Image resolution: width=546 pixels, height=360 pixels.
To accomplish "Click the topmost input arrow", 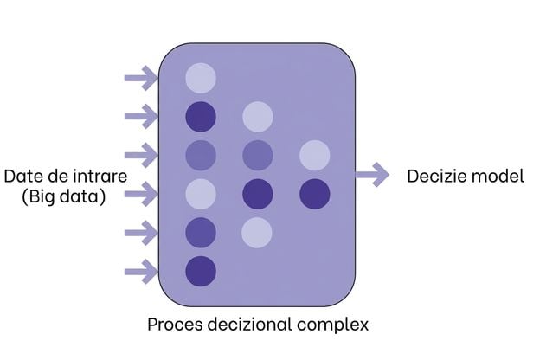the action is click(x=141, y=78).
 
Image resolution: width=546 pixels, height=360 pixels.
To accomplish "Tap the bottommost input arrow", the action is click(x=141, y=271).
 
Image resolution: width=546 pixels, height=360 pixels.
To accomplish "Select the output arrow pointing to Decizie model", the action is click(x=372, y=175).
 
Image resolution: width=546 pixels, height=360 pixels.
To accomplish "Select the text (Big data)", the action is click(x=64, y=197).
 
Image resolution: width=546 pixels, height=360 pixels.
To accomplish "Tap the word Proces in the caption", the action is click(x=175, y=325).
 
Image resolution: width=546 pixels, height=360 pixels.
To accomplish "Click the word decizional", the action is click(x=250, y=325).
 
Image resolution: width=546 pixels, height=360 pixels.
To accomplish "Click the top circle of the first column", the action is click(x=201, y=78).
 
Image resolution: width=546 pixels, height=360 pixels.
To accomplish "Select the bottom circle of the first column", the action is click(x=201, y=271).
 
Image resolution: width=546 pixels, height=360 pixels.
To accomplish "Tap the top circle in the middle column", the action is click(x=258, y=117).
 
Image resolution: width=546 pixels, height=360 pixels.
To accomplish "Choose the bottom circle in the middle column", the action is click(x=257, y=233).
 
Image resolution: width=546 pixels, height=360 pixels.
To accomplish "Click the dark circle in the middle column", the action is click(x=258, y=194).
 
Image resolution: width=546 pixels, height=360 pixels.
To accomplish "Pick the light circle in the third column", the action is click(x=315, y=155).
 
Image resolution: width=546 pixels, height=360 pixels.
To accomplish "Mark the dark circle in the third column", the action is click(x=315, y=194).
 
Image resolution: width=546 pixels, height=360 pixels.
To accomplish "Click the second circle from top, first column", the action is click(x=201, y=117).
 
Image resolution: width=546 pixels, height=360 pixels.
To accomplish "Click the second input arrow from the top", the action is click(x=141, y=116).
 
